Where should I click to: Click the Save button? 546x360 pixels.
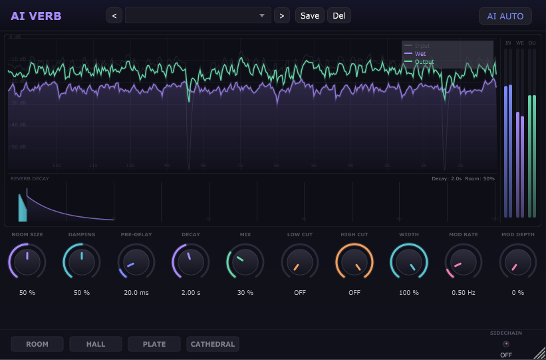coord(309,16)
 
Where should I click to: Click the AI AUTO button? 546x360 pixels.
coord(505,16)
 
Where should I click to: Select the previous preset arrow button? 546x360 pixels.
coord(114,16)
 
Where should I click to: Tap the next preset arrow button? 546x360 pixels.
coord(282,16)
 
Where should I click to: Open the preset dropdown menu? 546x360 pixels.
coord(198,16)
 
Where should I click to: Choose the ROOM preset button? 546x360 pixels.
coord(37,344)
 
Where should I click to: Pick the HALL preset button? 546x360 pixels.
coord(96,344)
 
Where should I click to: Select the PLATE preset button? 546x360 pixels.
coord(154,344)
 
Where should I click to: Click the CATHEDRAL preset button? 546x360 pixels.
coord(213,344)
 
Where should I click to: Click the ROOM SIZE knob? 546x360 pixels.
coord(27,262)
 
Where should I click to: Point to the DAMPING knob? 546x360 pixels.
coord(82,262)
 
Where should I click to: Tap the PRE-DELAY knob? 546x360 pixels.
coord(136,262)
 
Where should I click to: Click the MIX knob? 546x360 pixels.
coord(245,262)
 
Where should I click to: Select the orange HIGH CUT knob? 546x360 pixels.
coord(354,262)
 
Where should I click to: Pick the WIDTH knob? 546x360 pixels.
coord(409,262)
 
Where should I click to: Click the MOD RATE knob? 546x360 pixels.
coord(464,262)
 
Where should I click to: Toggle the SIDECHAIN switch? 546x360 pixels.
coord(506,344)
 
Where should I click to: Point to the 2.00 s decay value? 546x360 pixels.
coord(191,293)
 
